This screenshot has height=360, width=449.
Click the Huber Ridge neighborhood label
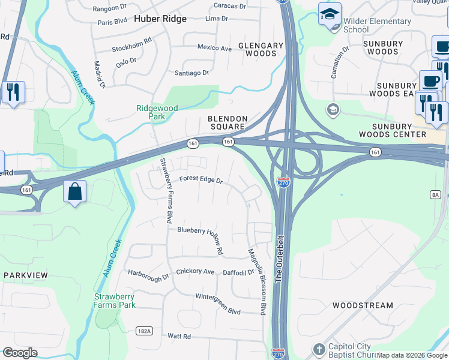coord(160,19)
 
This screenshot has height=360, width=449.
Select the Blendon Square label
coord(228,122)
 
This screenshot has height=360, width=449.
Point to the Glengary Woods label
coord(261,49)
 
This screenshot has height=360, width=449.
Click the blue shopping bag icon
coord(75,192)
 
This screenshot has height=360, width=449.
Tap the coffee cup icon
coord(430,81)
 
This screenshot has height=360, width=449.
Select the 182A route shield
coord(144,331)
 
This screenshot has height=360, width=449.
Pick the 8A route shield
coord(435,194)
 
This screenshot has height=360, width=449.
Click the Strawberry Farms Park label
coord(115,301)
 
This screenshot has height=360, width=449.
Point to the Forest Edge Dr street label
coord(201,179)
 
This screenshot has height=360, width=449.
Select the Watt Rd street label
coord(179,336)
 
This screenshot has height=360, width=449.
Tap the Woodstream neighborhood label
coord(363,305)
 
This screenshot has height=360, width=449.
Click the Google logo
coord(20,353)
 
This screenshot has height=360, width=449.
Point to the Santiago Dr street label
coord(191,73)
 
